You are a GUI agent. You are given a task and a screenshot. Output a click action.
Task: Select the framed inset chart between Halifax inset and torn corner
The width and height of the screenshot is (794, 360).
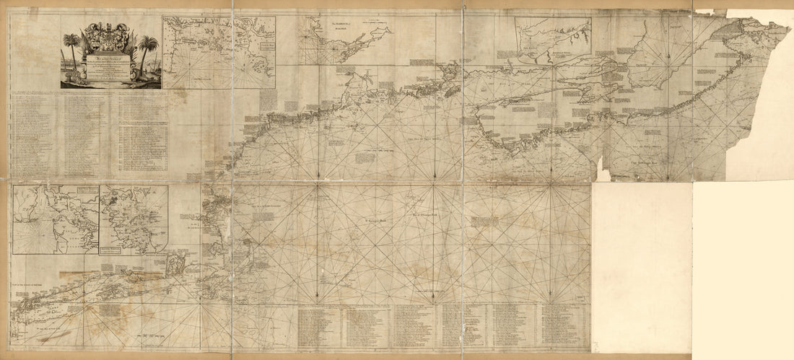(552, 35)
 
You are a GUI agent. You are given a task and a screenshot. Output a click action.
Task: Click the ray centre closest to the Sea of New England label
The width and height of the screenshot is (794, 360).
(315, 186)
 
